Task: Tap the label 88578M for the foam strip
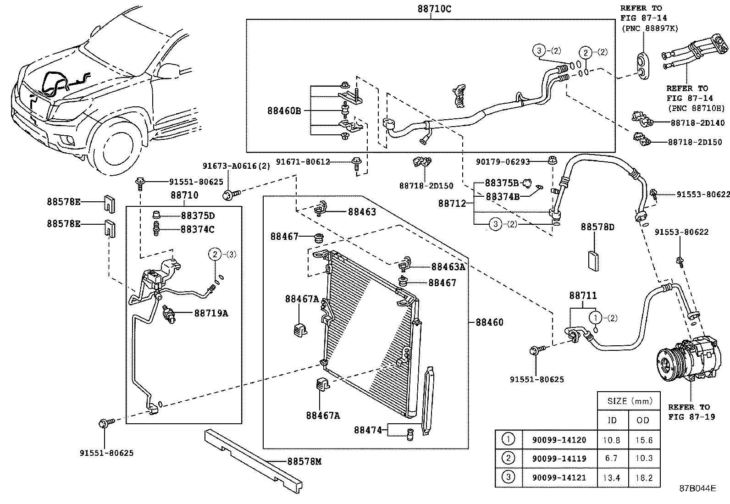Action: point(304,461)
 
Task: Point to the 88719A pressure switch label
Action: point(211,313)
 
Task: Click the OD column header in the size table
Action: point(644,420)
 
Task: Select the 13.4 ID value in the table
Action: point(612,477)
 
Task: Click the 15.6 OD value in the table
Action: point(644,440)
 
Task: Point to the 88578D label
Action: point(597,227)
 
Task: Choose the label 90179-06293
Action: point(503,161)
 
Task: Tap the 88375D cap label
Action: point(198,216)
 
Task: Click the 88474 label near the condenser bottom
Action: point(367,430)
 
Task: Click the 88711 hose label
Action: point(583,296)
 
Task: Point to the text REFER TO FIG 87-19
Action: point(691,412)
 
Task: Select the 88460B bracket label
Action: point(284,111)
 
